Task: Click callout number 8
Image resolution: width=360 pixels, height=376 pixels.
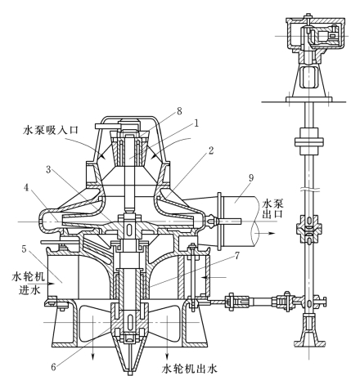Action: point(179,111)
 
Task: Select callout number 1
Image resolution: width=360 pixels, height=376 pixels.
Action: point(196,123)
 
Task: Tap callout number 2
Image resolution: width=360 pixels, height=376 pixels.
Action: point(211,150)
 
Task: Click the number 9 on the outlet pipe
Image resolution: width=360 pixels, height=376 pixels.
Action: point(251,177)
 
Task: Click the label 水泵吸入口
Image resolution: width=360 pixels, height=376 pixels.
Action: point(51,129)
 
